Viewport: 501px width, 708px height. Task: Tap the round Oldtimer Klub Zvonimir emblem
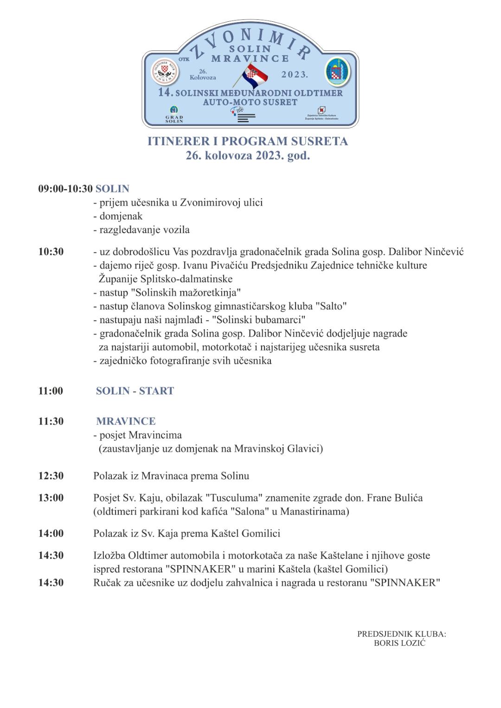point(166,73)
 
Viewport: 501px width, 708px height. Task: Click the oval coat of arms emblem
point(337,72)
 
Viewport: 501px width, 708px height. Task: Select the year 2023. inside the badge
point(295,74)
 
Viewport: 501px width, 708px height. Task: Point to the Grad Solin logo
point(174,114)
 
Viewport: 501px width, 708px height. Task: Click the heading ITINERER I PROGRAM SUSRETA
point(248,141)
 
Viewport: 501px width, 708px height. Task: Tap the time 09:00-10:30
point(65,189)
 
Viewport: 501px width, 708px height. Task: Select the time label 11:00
point(51,391)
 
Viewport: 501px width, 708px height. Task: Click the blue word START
point(156,391)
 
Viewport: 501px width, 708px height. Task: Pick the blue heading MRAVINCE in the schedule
point(126,421)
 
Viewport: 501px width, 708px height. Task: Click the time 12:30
point(51,476)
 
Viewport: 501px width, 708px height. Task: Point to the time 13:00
point(51,498)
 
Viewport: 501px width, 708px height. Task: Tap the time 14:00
point(51,533)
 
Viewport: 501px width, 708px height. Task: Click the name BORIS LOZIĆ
point(399,643)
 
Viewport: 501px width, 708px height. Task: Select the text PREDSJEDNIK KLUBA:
point(401,634)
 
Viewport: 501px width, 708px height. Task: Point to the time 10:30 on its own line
point(51,252)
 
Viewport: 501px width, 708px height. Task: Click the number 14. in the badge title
point(166,92)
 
